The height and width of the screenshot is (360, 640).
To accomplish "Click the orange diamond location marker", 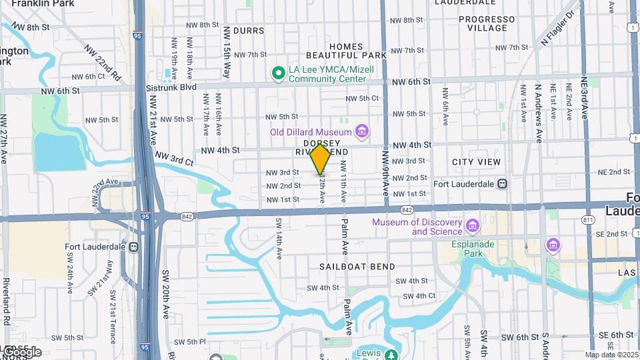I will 321,159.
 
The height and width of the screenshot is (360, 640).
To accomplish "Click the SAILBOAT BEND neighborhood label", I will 357,267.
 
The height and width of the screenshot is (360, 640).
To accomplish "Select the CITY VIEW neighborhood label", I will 476,162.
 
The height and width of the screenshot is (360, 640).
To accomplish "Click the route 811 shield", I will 588,220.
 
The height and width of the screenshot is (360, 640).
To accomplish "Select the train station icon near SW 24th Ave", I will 133,247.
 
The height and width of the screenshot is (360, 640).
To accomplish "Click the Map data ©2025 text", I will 610,355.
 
